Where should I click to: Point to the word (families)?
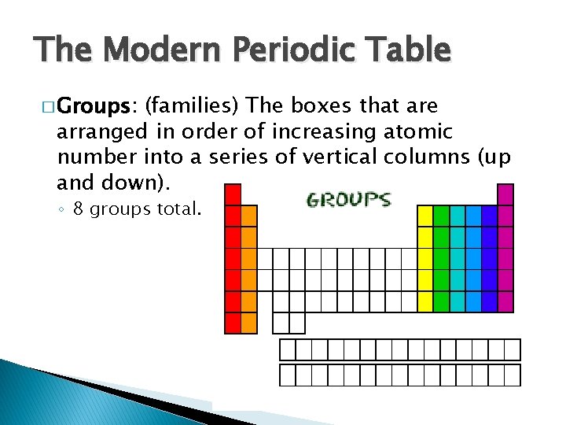pos(194,105)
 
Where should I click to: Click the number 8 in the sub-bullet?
pos(78,209)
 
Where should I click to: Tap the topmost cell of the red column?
pos(233,194)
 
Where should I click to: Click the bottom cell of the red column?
pos(233,323)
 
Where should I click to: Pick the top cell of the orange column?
pos(249,216)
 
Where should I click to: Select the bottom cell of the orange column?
pos(249,323)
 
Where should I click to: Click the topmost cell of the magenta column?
pos(505,194)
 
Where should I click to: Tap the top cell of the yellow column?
pos(424,216)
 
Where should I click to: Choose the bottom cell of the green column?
pos(441,301)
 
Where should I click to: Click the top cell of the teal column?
pos(457,216)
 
